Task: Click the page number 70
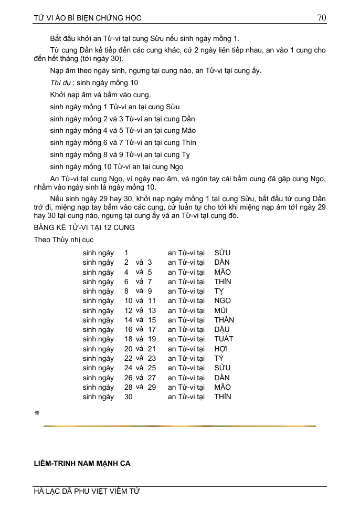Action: [x=322, y=17]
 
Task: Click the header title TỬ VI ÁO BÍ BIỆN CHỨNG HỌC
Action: [x=87, y=18]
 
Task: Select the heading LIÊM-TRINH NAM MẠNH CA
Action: [x=82, y=464]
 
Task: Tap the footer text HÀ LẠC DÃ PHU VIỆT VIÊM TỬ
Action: [x=87, y=492]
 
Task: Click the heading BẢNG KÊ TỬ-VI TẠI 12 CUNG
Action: [x=84, y=227]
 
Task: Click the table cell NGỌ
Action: [x=223, y=301]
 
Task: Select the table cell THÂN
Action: [x=224, y=320]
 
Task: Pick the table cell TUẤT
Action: [x=224, y=339]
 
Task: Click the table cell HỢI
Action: [x=221, y=349]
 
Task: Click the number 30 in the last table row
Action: [x=128, y=397]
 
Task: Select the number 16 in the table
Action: [x=128, y=330]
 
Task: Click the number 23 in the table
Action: [x=152, y=359]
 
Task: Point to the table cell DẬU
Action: [x=222, y=330]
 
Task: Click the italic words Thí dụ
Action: [x=60, y=82]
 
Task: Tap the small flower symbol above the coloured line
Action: [x=37, y=413]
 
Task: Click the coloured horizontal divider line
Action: [x=179, y=426]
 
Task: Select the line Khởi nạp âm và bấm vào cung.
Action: [x=100, y=95]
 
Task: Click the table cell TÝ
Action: [x=219, y=359]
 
